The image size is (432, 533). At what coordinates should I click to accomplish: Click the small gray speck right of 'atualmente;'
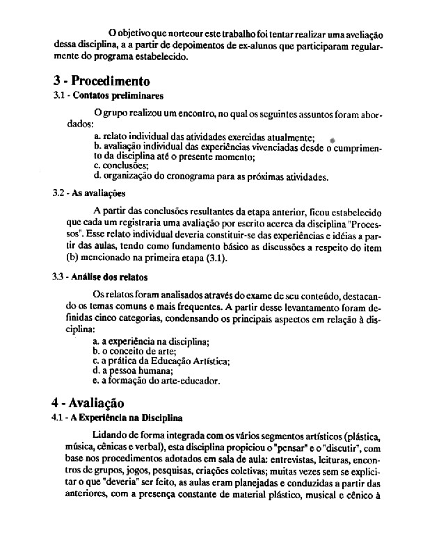tap(333, 139)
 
